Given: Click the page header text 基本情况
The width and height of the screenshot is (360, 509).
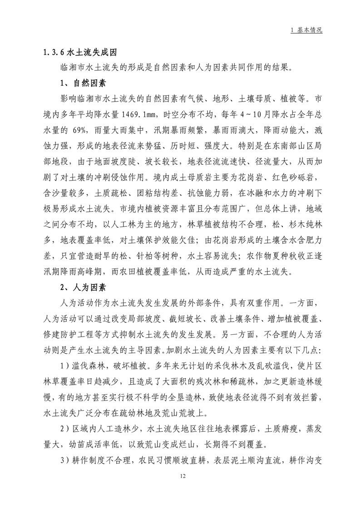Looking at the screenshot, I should [x=309, y=30].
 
